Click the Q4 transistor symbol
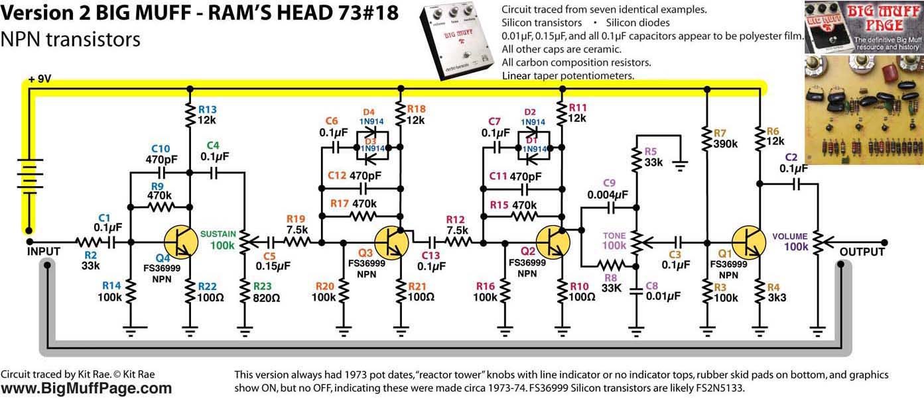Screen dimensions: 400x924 [x=180, y=242]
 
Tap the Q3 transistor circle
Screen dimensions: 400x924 [x=391, y=242]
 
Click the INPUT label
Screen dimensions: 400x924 [x=44, y=252]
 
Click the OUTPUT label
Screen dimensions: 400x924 [x=862, y=252]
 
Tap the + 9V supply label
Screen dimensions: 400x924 [x=40, y=80]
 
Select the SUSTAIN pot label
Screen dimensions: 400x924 [x=218, y=234]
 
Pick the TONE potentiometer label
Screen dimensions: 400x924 [x=614, y=236]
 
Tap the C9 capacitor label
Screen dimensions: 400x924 [x=610, y=183]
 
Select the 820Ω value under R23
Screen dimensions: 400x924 [x=267, y=298]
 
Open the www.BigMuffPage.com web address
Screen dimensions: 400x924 [x=86, y=389]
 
